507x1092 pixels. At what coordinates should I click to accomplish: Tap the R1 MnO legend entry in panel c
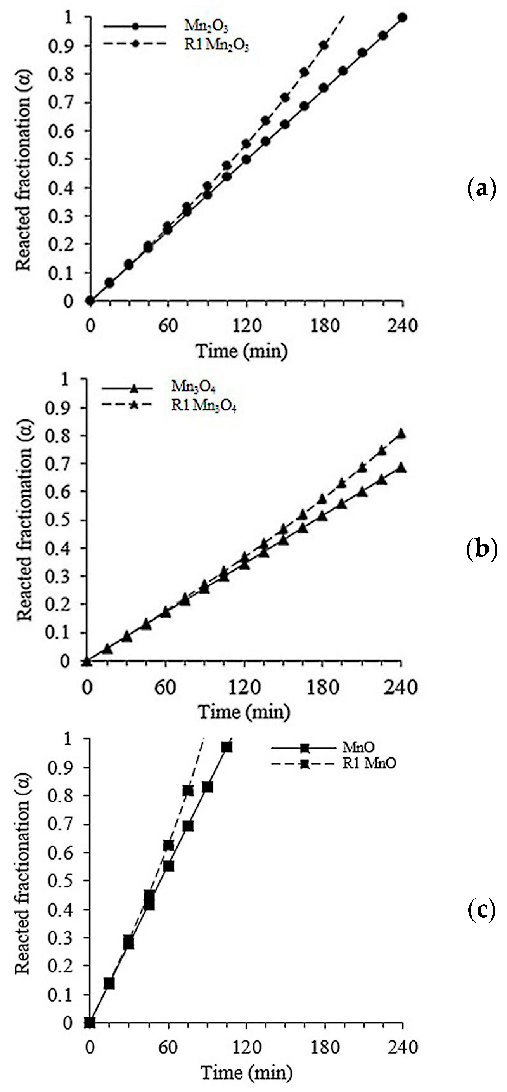[369, 763]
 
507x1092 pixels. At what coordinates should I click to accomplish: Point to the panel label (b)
[481, 550]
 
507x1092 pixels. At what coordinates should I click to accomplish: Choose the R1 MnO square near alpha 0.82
[188, 791]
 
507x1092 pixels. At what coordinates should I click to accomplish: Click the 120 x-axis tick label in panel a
[246, 326]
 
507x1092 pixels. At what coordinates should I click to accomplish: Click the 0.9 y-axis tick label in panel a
[61, 46]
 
